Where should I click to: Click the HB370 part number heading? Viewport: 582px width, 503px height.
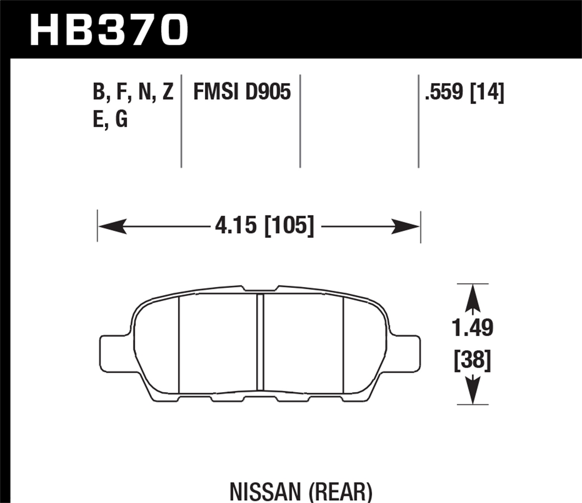coord(109,30)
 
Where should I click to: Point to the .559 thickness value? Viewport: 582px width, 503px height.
coord(445,92)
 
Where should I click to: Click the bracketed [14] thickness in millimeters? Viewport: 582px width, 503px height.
coord(487,92)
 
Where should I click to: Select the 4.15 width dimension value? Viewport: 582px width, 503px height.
coord(236,225)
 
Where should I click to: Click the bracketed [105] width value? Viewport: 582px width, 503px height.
coord(289,225)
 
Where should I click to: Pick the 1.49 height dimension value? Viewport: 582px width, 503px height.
coord(472,328)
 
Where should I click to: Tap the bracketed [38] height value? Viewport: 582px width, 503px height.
coord(472,360)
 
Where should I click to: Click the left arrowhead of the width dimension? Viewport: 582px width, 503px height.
coord(113,226)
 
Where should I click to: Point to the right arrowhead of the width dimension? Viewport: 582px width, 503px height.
coord(405,226)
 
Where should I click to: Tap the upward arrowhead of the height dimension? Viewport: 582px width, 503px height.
coord(472,297)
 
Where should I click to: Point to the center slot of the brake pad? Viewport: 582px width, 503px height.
coord(260,342)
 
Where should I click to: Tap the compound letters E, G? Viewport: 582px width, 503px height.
coord(110,119)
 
